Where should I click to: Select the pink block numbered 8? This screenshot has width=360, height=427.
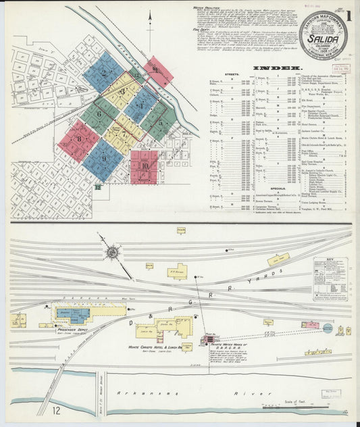point(78,140)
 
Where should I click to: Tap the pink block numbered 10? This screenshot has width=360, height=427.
point(144,166)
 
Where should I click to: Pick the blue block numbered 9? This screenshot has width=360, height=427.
point(104,159)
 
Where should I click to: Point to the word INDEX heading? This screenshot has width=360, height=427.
point(277,68)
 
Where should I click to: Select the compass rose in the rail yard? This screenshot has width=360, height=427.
point(111,252)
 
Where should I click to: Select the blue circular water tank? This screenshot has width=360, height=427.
point(328,328)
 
